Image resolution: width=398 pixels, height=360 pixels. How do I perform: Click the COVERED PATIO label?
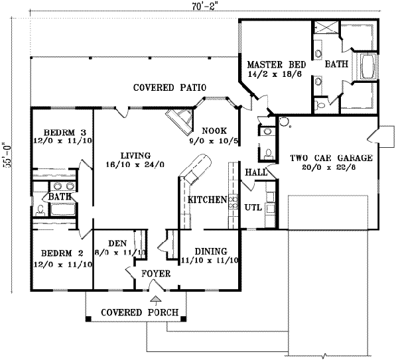coord(169,88)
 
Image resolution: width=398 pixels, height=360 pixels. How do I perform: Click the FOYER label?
coord(156,273)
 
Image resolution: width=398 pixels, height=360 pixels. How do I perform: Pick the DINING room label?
coord(210,251)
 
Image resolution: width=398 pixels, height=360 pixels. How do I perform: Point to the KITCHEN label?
coord(207,200)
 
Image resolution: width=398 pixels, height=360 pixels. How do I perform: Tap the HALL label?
coord(256,172)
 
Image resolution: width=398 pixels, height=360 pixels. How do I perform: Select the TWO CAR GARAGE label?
coord(330,158)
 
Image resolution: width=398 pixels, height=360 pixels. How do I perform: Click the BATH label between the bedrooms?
coord(60,197)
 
